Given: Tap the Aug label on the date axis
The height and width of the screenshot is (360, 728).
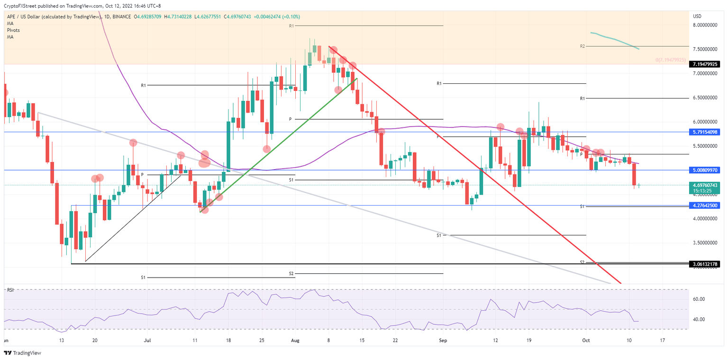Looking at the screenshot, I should pyautogui.click(x=295, y=340).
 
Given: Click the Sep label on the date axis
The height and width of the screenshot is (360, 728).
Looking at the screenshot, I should pyautogui.click(x=443, y=340).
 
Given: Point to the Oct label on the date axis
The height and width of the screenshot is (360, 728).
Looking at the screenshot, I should pyautogui.click(x=586, y=340).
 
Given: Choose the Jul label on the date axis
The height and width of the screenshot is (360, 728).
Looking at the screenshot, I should pyautogui.click(x=147, y=340).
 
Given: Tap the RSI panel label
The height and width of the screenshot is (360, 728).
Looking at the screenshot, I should pyautogui.click(x=10, y=290).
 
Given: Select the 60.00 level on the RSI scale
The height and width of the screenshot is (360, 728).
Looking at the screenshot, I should pyautogui.click(x=700, y=299).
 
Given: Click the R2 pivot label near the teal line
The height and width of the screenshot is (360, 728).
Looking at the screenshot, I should pyautogui.click(x=582, y=46).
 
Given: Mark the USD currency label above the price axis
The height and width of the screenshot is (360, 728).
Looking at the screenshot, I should pyautogui.click(x=697, y=17).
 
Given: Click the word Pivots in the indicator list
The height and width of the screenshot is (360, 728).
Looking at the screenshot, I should pyautogui.click(x=13, y=30).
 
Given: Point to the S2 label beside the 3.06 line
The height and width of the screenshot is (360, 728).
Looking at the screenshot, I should pyautogui.click(x=582, y=262).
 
